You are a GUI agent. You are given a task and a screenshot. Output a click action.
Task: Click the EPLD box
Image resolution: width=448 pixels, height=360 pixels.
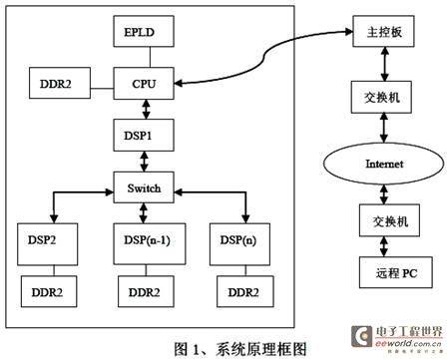144,31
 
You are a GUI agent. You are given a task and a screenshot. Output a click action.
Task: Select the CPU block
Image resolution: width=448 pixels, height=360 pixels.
144,84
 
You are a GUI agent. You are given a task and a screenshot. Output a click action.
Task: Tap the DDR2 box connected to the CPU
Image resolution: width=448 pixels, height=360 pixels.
60,83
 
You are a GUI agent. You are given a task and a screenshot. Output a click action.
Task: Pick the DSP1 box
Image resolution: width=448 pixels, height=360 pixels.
144,136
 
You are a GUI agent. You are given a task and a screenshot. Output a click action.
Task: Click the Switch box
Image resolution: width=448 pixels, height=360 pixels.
144,187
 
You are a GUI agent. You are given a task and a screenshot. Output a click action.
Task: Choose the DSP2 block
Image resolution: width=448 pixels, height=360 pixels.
48,244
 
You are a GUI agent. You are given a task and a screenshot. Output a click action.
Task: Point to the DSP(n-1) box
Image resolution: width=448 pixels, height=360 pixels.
150,244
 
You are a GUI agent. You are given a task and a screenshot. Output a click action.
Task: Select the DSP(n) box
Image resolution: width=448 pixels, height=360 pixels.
239,244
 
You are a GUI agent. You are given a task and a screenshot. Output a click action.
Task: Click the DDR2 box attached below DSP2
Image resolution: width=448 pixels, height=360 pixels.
49,291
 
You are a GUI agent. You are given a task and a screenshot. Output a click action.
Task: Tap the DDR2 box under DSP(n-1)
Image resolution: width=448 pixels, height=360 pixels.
146,291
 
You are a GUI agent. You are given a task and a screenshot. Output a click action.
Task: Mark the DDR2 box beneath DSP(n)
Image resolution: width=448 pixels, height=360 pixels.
245,291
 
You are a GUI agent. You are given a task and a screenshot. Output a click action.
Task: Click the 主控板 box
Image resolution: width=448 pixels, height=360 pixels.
383,31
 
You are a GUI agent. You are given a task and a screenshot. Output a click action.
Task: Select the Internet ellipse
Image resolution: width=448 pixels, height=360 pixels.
384,164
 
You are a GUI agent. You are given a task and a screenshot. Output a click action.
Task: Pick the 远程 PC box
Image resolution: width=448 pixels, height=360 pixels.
396,272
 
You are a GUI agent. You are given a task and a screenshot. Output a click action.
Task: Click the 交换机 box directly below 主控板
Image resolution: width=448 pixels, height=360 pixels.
381,97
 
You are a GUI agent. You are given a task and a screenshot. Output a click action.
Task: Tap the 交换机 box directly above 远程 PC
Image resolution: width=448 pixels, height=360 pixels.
389,220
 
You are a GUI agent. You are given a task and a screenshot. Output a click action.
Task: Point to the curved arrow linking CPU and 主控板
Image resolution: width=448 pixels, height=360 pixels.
264,57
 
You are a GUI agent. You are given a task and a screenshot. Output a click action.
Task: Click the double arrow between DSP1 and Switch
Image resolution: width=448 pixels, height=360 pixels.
144,162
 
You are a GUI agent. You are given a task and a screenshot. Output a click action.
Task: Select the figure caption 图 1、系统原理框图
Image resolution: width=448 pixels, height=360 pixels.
240,349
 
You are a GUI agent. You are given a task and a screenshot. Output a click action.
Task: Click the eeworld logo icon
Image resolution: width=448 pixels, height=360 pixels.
361,336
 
